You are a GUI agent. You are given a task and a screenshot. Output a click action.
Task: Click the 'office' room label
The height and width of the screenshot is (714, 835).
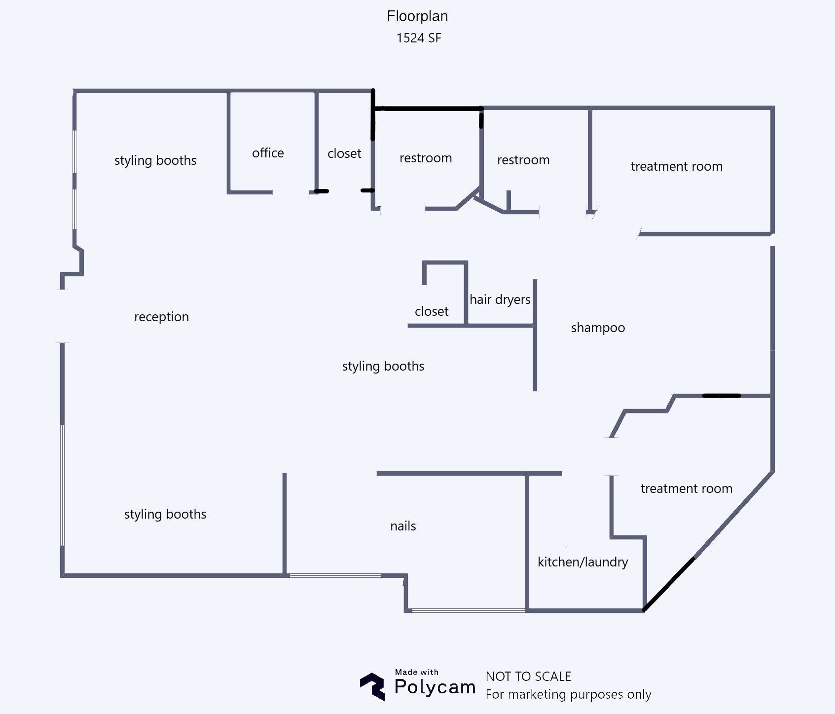point(268,153)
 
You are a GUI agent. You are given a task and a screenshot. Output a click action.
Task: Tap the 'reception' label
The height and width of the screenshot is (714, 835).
point(161,317)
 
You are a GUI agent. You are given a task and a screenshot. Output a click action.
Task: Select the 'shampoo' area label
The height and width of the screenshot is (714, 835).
point(598,328)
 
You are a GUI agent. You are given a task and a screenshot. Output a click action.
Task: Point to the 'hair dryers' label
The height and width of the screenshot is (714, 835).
point(500,300)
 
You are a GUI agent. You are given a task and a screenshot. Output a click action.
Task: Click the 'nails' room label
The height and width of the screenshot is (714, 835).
point(403,526)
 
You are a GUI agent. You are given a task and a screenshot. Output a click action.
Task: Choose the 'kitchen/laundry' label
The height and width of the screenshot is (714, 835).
point(582,562)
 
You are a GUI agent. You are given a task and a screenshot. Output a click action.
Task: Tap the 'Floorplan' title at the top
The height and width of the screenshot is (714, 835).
point(417,16)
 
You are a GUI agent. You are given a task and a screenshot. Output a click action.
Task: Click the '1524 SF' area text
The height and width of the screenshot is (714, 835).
point(418,38)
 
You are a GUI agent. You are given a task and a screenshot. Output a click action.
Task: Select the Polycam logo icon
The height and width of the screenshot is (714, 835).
point(372,686)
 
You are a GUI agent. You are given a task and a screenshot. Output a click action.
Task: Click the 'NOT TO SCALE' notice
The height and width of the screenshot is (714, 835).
point(528,676)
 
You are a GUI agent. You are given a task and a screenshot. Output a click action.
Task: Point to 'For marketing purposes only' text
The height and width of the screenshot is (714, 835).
point(568,694)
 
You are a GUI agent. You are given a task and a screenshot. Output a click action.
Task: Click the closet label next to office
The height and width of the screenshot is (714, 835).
point(344,153)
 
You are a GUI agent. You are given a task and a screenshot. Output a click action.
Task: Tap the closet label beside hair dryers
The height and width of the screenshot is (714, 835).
point(432,311)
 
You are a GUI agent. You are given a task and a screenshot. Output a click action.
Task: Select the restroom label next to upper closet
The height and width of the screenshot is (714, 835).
point(426,158)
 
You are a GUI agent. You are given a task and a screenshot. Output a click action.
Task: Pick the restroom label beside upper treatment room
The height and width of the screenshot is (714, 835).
point(523,160)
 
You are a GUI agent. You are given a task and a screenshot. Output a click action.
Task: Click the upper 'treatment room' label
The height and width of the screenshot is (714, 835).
point(676,166)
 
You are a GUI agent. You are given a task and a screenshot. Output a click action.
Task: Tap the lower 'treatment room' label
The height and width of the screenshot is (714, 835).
point(686,489)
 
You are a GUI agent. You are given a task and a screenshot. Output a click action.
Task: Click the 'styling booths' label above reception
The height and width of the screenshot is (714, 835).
point(155,160)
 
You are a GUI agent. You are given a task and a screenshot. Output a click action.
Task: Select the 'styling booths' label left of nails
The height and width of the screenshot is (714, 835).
point(165,514)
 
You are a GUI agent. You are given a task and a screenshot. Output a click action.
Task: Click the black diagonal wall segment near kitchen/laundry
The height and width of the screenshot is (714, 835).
point(669,584)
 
